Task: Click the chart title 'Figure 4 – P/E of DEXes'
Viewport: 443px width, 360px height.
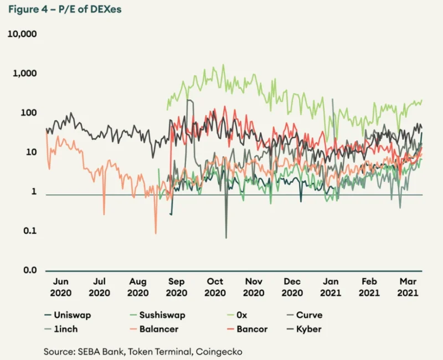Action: [65, 9]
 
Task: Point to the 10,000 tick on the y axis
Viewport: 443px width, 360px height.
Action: [22, 34]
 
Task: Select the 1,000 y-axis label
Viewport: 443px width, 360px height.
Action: [24, 73]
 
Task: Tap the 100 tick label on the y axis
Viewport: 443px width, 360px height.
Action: [29, 113]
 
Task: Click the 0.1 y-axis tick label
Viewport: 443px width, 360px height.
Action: [30, 231]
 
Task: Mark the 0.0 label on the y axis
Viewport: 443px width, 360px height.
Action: [30, 270]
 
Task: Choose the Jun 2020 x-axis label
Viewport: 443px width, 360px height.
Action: [61, 287]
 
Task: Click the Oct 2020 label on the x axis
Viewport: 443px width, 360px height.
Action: [215, 287]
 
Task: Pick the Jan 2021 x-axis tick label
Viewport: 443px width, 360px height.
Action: [331, 287]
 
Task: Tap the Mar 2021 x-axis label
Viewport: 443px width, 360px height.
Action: [408, 287]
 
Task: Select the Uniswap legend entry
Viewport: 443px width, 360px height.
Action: [68, 315]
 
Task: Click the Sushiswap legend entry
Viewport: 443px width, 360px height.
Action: [158, 315]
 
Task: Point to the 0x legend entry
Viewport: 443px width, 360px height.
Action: [238, 315]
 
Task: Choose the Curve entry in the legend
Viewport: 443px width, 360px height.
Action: [305, 315]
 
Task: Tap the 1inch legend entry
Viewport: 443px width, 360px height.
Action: [61, 329]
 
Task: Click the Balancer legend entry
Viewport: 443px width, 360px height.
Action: [154, 329]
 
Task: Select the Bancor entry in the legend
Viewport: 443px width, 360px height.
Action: [248, 329]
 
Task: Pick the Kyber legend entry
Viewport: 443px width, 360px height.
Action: [304, 329]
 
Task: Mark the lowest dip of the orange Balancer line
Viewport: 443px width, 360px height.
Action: [156, 233]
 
